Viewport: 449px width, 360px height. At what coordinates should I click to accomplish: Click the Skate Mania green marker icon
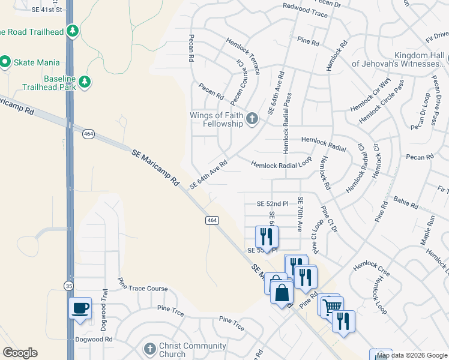coord(5,62)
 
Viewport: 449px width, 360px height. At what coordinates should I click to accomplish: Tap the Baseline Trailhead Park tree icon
coord(85,82)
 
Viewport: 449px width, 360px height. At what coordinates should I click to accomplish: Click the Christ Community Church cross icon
coord(150,349)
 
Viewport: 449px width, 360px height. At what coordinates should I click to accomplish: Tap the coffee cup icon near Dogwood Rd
coord(80,308)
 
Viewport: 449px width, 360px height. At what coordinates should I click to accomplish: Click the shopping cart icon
coord(330,307)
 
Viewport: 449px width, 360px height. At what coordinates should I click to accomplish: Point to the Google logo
coord(20,353)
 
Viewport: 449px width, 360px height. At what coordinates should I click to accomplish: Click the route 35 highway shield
coord(70,287)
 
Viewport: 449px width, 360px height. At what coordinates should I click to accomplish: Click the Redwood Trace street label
coord(305,11)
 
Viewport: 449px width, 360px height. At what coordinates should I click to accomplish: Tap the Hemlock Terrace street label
coord(243,55)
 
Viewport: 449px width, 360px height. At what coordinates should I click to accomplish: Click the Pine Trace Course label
coord(143,285)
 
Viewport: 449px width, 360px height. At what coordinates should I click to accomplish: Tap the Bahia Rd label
coord(406,201)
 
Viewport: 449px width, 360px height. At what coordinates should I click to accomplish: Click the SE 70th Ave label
coord(300,214)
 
